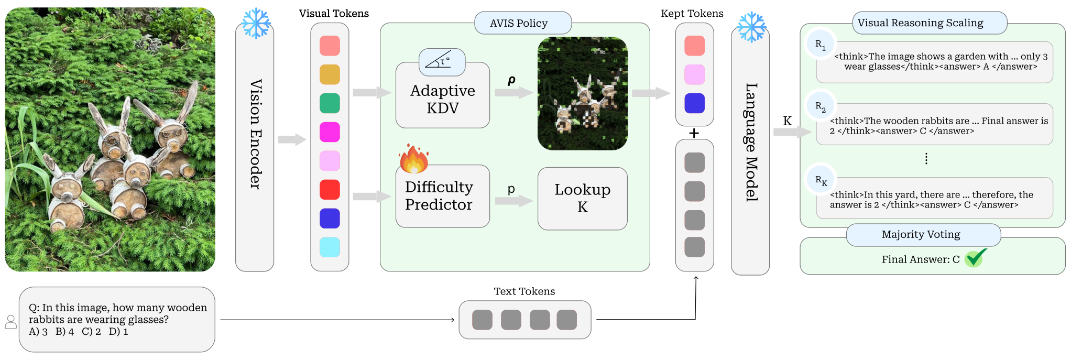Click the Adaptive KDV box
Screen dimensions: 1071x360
pos(443,95)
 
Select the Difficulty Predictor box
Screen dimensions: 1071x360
pos(443,196)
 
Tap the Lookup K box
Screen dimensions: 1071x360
pos(583,199)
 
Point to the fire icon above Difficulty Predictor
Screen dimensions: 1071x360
pos(414,159)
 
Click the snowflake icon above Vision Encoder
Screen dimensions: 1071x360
pos(256,23)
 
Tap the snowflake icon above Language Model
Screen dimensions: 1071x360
pos(752,27)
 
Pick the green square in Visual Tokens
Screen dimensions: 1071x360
pos(330,103)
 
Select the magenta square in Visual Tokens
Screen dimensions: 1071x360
pos(330,132)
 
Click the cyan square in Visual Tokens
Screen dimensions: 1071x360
pos(330,247)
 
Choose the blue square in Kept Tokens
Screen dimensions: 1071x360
pos(694,103)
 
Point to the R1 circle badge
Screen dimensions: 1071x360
pos(821,45)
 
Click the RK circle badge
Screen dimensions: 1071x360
pos(821,180)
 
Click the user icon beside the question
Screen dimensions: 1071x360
pos(11,322)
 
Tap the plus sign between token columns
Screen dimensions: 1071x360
pos(694,133)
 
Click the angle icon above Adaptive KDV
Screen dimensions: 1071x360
pos(442,62)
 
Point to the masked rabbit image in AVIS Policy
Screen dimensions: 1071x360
pos(583,94)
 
